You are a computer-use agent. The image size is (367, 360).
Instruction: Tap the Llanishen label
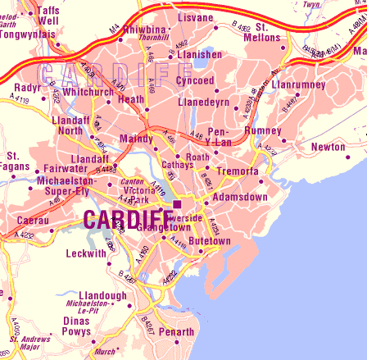(x=202, y=54)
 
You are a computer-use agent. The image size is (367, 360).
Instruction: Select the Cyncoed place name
(x=197, y=80)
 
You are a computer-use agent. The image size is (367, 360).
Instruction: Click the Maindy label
(x=136, y=139)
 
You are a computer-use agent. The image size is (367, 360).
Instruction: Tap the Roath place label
(x=197, y=156)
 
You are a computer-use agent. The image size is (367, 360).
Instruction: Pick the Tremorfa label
(x=238, y=171)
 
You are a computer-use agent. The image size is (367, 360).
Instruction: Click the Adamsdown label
(x=240, y=198)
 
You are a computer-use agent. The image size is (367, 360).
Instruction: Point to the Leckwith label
(x=86, y=253)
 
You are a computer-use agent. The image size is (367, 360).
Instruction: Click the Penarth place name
(x=178, y=331)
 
